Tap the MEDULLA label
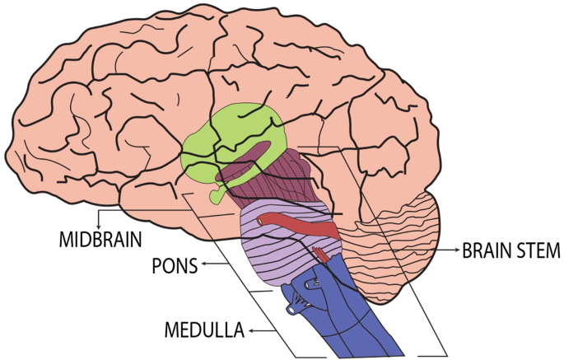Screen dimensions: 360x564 coord(205,331)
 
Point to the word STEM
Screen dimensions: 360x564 coord(538,249)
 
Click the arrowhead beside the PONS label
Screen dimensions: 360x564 coord(204,265)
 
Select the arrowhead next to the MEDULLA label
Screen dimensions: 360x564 coord(251,330)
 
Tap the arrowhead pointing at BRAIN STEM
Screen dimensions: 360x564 coord(454,248)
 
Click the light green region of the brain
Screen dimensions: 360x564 coord(239,132)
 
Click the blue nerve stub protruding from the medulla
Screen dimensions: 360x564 coord(292,310)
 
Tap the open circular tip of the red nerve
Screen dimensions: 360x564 coord(260,220)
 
